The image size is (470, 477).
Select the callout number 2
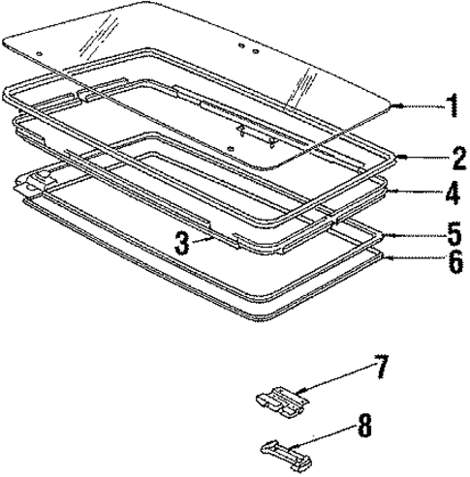pos(459,157)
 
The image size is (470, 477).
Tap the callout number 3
pos(182,244)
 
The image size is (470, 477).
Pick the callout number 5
pos(454,235)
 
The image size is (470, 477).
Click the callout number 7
pos(381,366)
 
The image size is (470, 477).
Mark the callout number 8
pos(364,426)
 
